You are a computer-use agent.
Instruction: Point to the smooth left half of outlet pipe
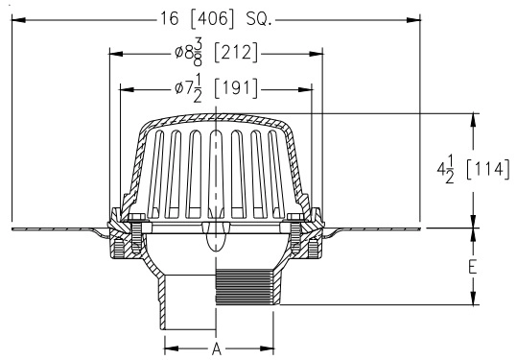188,298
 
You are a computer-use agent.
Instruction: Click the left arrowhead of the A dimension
164,347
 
